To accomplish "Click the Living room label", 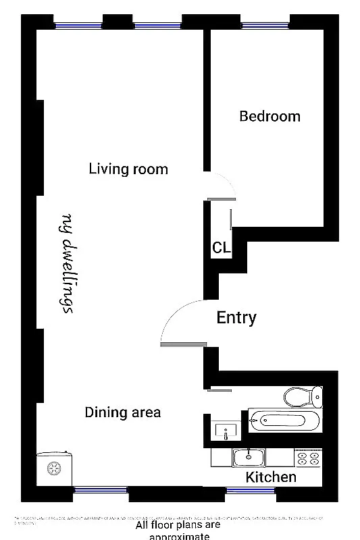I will tap(128, 169).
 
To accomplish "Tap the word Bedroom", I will tap(269, 116).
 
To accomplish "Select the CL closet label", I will tap(222, 248).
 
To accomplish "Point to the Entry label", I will tap(236, 317).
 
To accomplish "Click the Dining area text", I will tap(123, 412).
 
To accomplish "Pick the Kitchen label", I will tap(270, 477).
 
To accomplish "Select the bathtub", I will tap(283, 421).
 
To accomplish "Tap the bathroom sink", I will tap(225, 429).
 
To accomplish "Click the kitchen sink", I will tap(251, 458).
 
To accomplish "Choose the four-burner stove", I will tap(308, 458).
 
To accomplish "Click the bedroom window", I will tap(265, 26).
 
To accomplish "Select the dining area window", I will tap(100, 490).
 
